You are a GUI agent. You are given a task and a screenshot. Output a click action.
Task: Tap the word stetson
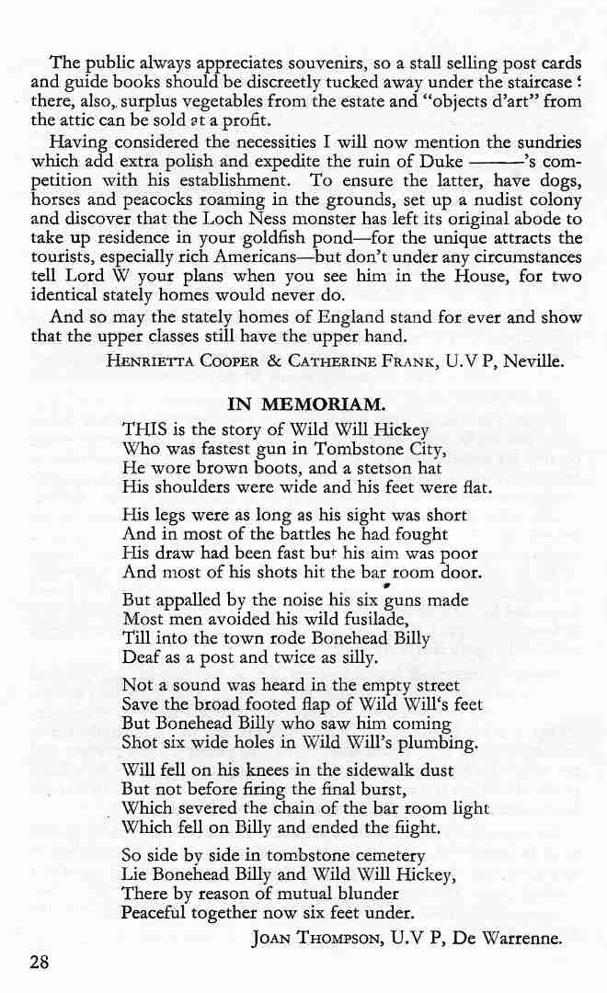pos(365,469)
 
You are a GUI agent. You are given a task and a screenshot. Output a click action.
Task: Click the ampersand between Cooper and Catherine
pos(273,361)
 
